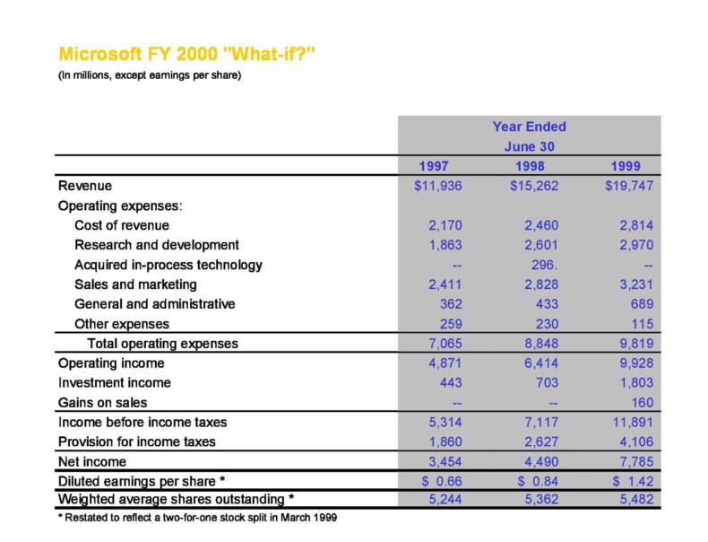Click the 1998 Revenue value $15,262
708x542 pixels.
pyautogui.click(x=530, y=187)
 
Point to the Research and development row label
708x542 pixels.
pyautogui.click(x=157, y=245)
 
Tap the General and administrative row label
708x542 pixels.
pyautogui.click(x=155, y=304)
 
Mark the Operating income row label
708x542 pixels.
pyautogui.click(x=102, y=363)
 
